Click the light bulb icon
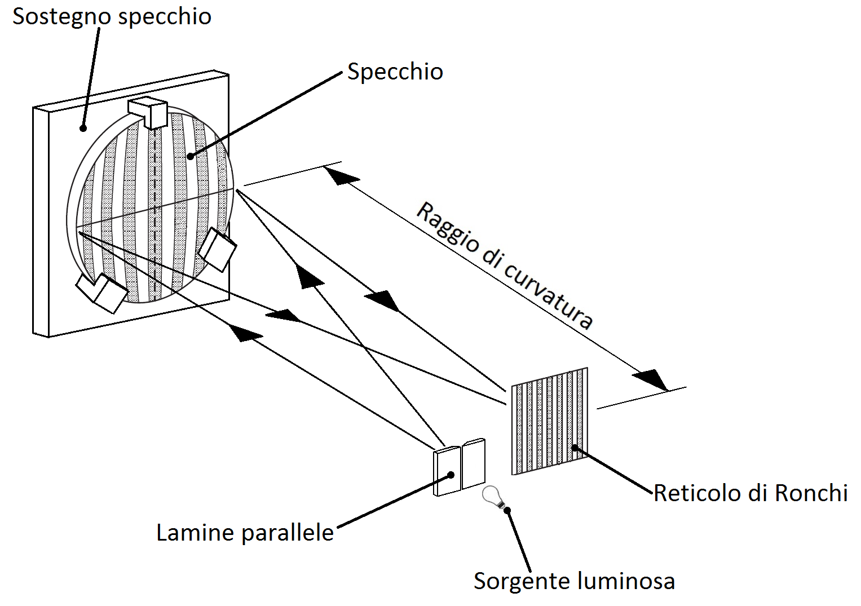coord(492,497)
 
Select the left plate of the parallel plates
coord(447,471)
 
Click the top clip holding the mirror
coord(149,112)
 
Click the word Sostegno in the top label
coord(61,17)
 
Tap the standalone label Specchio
coord(395,72)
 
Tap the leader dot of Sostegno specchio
coord(83,128)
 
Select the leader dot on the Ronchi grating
coord(575,448)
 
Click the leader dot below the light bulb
coord(508,511)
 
